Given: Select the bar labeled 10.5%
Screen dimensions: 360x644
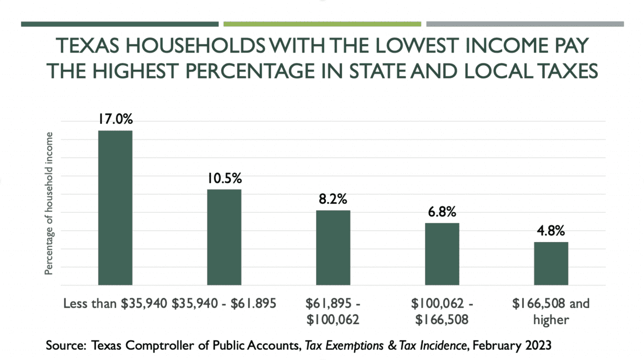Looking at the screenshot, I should (224, 237).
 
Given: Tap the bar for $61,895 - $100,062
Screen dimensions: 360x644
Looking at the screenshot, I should (333, 247).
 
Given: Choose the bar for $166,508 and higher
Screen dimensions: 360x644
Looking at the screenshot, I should (551, 263).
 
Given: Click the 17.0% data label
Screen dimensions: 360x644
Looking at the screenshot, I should (115, 119).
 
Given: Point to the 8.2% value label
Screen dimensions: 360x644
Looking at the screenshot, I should (333, 199).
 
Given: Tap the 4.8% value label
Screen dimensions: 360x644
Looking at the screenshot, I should (551, 231).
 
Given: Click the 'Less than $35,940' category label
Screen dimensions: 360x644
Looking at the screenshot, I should (116, 304).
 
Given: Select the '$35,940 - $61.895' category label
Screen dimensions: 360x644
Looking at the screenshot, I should (224, 304).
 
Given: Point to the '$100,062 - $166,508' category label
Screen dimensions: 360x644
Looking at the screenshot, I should (442, 312).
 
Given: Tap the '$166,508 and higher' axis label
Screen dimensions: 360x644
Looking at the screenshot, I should (551, 312).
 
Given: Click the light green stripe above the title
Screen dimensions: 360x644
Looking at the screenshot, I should (322, 24).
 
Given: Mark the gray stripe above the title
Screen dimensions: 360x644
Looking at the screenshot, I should (525, 24).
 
